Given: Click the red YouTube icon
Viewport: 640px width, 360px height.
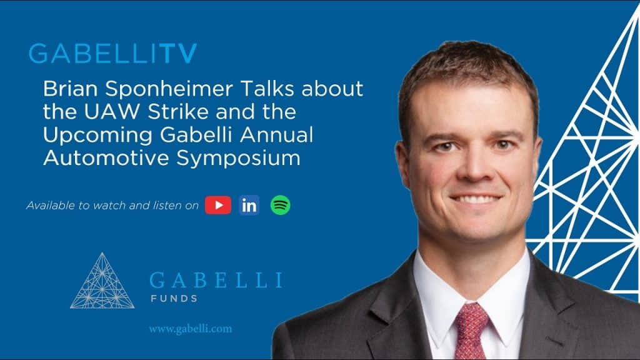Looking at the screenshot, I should [x=217, y=205].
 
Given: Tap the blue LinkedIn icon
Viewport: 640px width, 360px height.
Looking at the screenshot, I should [x=249, y=205].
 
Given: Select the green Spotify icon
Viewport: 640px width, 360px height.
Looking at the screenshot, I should [x=280, y=205].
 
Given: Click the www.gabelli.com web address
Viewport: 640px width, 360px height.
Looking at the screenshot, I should [x=190, y=329].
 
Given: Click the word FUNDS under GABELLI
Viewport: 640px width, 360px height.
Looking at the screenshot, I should [x=174, y=298].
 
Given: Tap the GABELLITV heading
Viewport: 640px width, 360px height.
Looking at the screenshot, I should [x=112, y=54].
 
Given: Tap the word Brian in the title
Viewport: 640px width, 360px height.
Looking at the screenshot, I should [x=66, y=89].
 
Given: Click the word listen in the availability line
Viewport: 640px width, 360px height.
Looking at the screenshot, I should [x=167, y=205].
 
